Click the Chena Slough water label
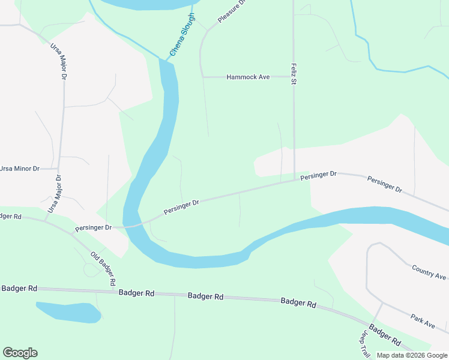(x=182, y=35)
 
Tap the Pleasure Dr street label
(x=232, y=10)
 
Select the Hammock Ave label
(x=248, y=77)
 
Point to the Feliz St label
(x=294, y=74)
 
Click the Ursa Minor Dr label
(x=19, y=169)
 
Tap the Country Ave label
(x=429, y=272)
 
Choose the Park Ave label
(x=423, y=320)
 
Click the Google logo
(x=20, y=353)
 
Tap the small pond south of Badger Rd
(x=67, y=312)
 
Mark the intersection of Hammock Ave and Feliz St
(x=294, y=77)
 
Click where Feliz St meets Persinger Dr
(x=294, y=179)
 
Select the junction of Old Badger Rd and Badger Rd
(x=114, y=292)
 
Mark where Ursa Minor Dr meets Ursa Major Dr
(x=60, y=169)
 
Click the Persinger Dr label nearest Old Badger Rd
(x=94, y=228)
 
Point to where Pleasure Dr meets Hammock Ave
(x=203, y=77)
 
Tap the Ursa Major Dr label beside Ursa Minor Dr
(x=54, y=194)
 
